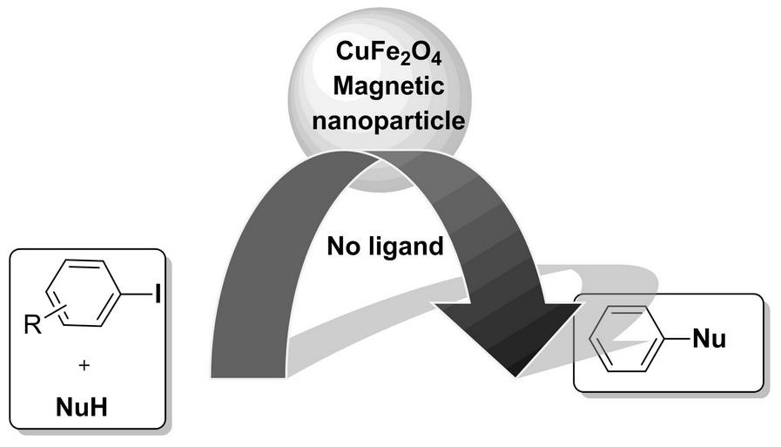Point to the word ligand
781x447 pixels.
[x=409, y=248]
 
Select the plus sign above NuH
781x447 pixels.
[x=84, y=367]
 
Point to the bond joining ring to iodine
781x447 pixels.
[x=138, y=296]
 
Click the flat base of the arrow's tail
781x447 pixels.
[x=249, y=376]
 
